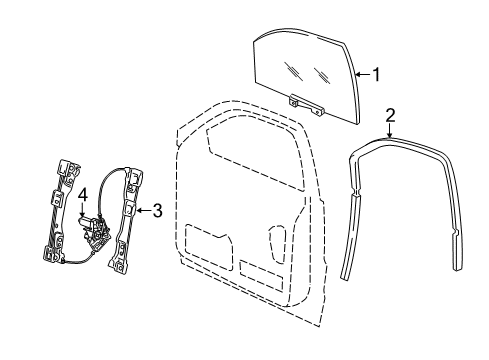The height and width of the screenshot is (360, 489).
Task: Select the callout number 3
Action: pos(157,211)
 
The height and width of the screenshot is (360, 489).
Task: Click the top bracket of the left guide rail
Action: pos(71,167)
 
